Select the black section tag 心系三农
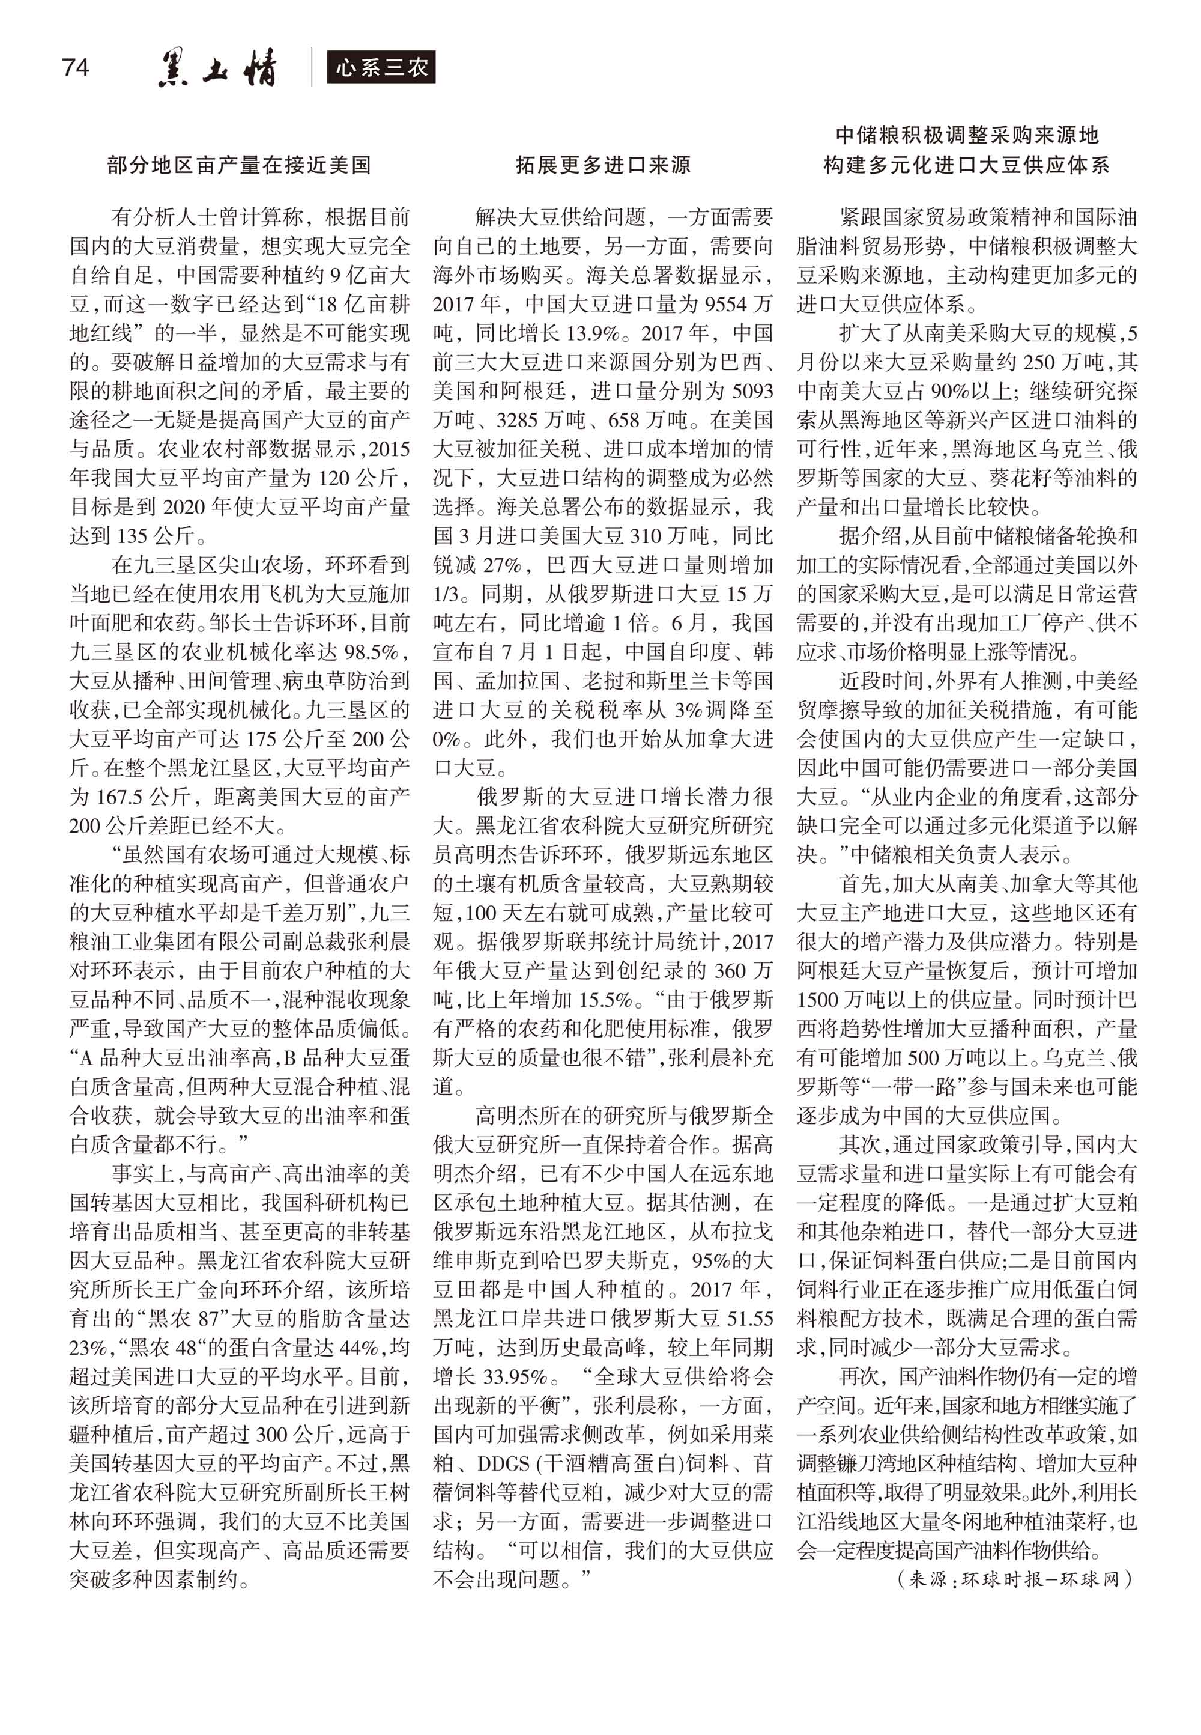coord(381,68)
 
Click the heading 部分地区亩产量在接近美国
coord(239,165)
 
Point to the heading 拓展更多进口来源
coord(603,165)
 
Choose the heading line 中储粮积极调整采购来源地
coord(967,136)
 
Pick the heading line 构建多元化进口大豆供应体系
coord(967,165)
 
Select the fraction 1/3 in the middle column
coord(446,595)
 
